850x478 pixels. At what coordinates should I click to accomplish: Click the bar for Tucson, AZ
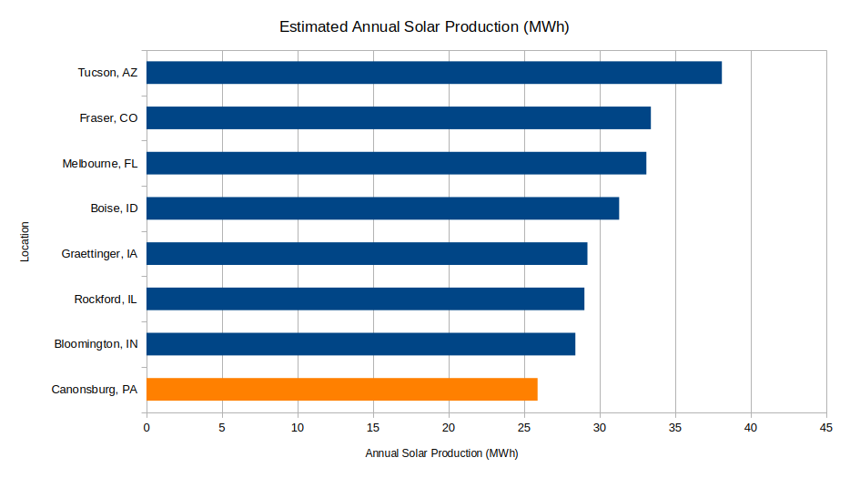point(433,73)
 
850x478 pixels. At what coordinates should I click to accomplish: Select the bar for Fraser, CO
point(399,117)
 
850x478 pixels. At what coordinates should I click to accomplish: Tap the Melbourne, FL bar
point(396,163)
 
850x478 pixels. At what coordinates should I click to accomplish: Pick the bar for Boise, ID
point(382,208)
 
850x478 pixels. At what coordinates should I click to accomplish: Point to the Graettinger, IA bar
point(367,253)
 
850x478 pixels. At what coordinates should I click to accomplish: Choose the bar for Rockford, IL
point(365,299)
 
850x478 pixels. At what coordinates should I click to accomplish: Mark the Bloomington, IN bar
point(360,344)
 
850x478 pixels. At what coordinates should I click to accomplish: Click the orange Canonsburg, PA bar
point(341,389)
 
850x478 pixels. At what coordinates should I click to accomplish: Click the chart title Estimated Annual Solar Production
point(424,27)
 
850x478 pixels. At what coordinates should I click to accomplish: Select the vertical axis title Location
point(25,241)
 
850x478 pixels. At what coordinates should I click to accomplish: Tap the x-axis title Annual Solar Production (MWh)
point(441,453)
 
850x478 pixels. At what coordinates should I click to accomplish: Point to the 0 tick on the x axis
point(147,427)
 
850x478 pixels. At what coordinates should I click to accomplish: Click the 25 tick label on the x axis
point(524,427)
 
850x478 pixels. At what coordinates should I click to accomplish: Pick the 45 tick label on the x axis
point(825,427)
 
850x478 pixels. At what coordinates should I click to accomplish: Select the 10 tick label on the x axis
point(298,427)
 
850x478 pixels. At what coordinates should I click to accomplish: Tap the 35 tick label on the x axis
point(674,427)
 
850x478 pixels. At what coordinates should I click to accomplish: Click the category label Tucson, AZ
point(107,73)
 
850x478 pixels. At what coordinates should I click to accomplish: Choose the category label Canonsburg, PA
point(95,390)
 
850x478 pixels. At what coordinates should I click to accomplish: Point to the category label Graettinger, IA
point(99,254)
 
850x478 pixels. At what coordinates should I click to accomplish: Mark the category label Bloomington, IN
point(96,344)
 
